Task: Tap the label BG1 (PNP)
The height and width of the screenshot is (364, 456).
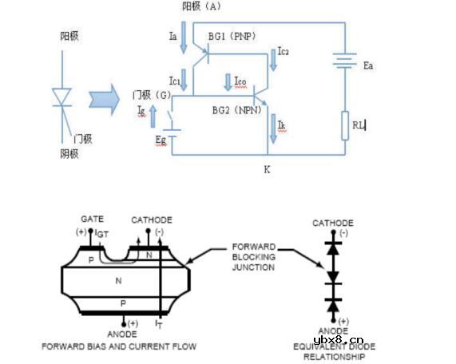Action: [231, 36]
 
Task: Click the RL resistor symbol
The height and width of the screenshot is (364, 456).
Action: [345, 125]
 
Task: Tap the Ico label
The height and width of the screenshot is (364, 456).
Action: [240, 81]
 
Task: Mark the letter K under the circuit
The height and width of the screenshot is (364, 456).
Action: [267, 168]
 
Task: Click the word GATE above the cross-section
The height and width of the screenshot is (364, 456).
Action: [92, 218]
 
